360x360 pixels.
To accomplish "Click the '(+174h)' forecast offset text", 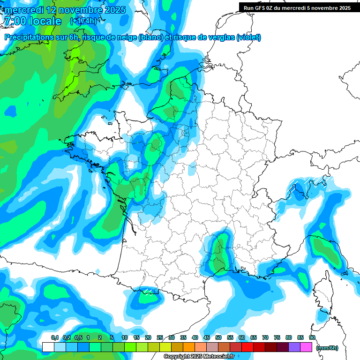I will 83,21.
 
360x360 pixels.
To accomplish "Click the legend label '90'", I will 312,337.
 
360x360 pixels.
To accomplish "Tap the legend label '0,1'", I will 55,337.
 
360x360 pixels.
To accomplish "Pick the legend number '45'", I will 207,337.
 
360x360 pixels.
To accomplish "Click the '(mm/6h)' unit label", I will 327,348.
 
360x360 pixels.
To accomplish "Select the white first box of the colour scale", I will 48,347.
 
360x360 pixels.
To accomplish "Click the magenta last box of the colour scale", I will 306,347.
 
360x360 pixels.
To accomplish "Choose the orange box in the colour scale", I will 189,347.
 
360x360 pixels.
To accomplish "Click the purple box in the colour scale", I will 294,347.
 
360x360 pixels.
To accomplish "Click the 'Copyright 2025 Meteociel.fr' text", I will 199,357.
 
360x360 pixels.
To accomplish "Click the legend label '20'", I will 148,337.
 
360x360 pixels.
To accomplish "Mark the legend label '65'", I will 254,337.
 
